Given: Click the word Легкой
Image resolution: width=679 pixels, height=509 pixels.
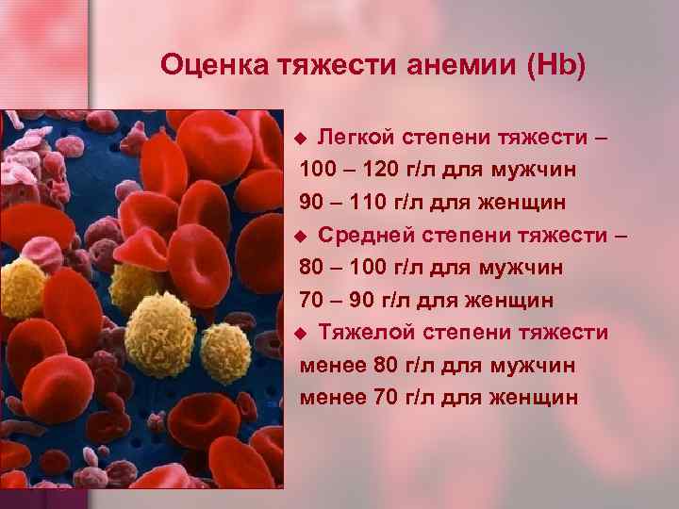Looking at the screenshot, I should tap(356, 138).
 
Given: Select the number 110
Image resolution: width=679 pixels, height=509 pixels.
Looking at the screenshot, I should tap(362, 203).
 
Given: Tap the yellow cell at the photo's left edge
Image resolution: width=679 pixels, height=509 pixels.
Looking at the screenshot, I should tap(21, 287).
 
